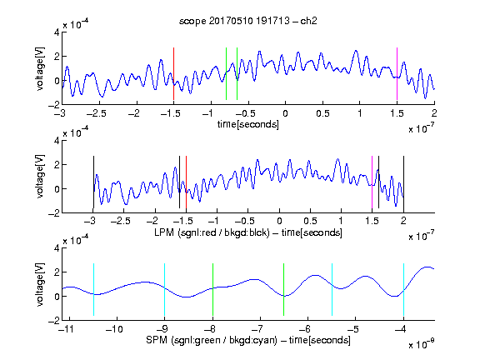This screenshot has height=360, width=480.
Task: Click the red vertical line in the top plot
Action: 173,74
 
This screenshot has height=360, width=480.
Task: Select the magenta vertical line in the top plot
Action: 397,74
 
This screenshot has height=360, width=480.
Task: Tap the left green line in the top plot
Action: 226,74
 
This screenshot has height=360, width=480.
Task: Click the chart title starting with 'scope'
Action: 248,21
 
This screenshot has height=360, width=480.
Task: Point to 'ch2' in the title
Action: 308,21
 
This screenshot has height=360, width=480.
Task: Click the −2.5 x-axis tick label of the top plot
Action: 97,113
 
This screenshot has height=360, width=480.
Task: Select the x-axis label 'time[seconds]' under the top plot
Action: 248,124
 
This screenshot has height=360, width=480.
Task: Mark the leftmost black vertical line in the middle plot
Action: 93,182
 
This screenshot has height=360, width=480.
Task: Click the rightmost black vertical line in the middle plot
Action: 403,182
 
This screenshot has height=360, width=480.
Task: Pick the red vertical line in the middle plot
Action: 186,182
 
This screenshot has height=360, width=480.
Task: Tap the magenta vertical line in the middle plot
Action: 372,182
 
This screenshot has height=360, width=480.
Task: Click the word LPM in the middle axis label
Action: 164,232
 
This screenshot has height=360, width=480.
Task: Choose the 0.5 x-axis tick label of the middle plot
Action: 310,221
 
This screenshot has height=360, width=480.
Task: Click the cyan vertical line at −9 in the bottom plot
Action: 165,289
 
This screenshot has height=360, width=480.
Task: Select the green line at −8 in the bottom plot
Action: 212,289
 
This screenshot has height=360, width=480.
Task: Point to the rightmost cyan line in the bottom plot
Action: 403,289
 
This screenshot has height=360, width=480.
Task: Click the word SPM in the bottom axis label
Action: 157,340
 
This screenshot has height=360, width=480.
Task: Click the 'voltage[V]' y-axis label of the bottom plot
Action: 40,284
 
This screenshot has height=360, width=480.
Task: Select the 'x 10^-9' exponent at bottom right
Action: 422,343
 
